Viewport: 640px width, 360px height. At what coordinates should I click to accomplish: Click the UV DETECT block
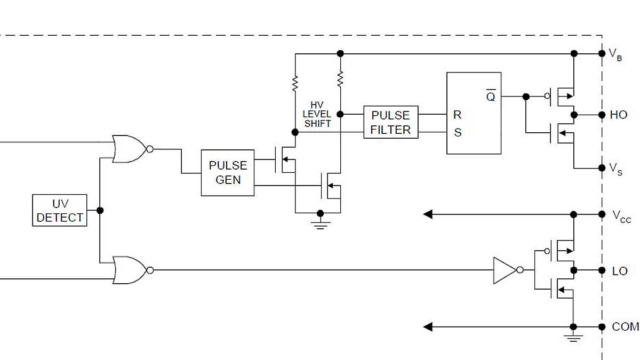pos(60,211)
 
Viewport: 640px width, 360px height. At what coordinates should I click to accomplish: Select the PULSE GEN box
pos(228,173)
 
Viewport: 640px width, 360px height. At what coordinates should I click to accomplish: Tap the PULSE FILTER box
pos(391,122)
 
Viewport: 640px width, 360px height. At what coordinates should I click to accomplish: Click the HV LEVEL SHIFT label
pos(317,115)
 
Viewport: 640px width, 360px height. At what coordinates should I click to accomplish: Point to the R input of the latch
pos(457,115)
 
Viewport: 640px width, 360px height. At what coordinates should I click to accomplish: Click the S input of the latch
pos(457,132)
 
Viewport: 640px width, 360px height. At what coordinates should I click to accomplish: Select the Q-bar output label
pos(490,97)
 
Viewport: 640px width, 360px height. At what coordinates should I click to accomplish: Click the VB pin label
pos(615,54)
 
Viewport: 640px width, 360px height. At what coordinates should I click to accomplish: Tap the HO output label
pos(619,115)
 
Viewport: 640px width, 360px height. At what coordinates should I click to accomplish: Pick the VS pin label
pos(615,170)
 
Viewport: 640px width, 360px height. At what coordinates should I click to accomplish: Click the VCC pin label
pos(621,216)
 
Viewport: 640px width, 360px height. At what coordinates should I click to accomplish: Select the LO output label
pos(619,271)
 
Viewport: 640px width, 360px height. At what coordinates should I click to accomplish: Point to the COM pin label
pos(625,327)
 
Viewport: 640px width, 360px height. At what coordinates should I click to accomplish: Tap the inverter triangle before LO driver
pos(504,270)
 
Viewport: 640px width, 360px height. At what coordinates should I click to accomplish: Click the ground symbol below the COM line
pos(573,338)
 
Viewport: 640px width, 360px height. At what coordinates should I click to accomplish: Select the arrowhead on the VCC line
pos(428,214)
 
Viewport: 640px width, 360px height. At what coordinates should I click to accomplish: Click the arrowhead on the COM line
pos(428,327)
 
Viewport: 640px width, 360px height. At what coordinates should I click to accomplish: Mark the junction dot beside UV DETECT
pos(100,210)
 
